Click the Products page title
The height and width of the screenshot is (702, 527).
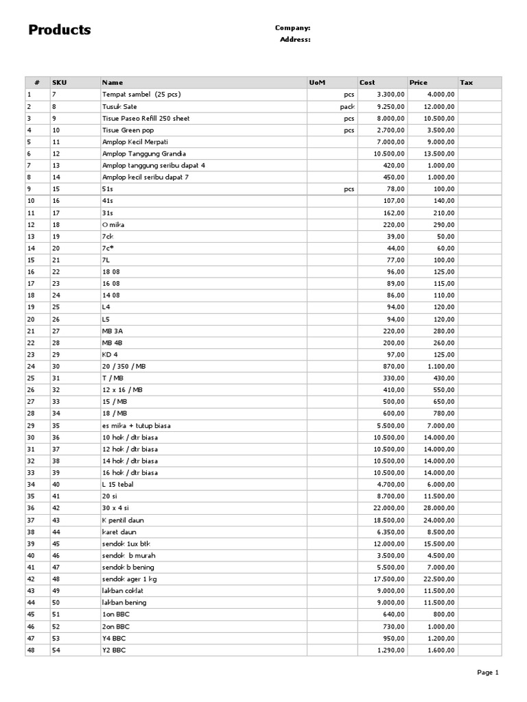(60, 30)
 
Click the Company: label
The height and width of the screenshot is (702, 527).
(292, 28)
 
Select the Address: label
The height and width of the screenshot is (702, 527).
(295, 40)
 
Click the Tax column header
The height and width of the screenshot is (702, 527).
(467, 82)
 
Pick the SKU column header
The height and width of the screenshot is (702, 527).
(59, 82)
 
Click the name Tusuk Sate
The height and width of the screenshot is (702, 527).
(119, 106)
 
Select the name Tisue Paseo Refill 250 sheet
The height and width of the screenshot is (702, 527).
(145, 118)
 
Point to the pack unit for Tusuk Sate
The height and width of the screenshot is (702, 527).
(347, 106)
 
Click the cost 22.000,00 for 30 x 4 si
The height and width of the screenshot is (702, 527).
(389, 508)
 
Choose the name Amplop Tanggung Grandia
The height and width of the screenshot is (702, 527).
(143, 154)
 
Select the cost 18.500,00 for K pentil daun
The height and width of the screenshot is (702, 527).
(389, 520)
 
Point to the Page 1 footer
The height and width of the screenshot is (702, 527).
(488, 673)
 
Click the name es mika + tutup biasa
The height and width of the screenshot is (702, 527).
(137, 425)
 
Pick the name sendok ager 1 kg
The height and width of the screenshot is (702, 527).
(129, 579)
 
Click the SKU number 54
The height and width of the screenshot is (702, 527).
(56, 649)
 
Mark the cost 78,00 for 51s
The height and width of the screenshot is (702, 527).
(396, 189)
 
